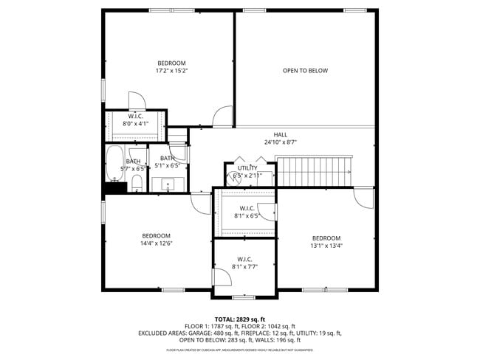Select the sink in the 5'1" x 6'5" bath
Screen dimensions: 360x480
point(168,184)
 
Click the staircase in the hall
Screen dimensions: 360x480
point(314,170)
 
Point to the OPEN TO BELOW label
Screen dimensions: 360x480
point(305,71)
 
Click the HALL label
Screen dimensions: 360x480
point(281,134)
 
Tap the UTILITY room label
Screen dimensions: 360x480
point(247,167)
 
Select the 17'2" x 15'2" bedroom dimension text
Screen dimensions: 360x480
point(171,72)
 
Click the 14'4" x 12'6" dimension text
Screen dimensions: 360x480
point(157,244)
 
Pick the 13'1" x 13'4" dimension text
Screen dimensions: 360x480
point(326,246)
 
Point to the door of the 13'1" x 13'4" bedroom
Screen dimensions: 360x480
point(363,198)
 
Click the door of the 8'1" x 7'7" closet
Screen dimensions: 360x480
point(221,277)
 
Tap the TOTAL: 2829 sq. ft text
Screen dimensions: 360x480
point(240,319)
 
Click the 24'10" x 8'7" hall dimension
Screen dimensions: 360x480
point(281,142)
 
